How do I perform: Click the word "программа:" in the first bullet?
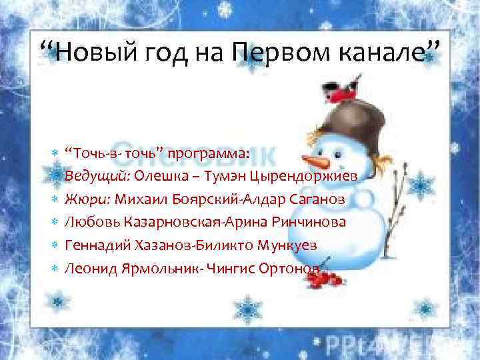[208, 155]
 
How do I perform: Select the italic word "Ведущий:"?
[97, 177]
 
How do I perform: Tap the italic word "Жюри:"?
[89, 200]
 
